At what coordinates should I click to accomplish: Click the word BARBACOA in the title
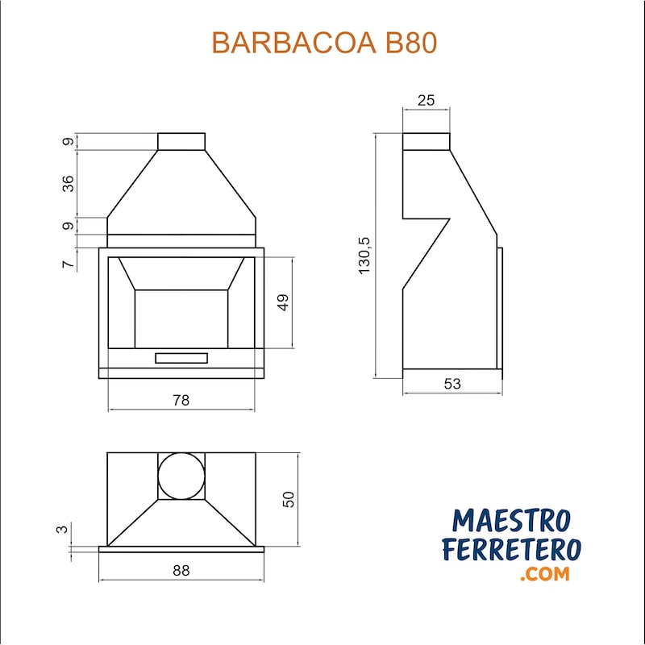pos(294,43)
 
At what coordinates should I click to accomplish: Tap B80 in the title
pos(411,43)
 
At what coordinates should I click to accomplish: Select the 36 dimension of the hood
pos(69,184)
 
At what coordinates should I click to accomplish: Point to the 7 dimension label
pos(69,264)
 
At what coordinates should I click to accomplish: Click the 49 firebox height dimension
pos(283,302)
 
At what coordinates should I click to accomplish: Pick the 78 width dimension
pos(181,400)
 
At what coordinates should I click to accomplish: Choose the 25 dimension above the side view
pos(426,100)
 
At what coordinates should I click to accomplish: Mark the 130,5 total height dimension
pos(364,256)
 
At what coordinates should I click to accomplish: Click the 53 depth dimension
pos(452,384)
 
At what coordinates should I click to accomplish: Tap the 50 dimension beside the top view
pos(289,499)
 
